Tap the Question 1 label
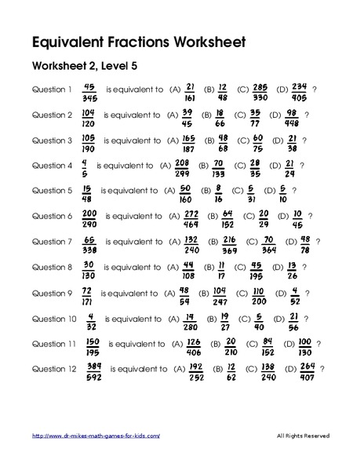[52, 89]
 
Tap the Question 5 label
[52, 190]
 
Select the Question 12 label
[53, 368]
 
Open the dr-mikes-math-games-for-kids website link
[96, 436]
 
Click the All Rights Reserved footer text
[304, 436]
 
